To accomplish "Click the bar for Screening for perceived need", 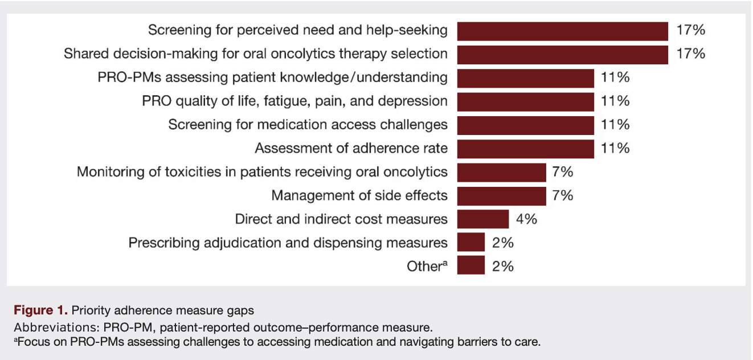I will click(x=562, y=31).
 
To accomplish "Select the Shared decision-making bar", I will click(x=562, y=54).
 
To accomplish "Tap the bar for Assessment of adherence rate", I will click(x=526, y=149).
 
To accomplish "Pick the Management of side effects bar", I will click(x=501, y=196).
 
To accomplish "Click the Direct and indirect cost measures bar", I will click(x=482, y=219).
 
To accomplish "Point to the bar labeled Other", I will click(x=470, y=266).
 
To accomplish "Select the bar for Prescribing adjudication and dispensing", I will click(x=470, y=243).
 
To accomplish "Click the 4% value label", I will click(x=527, y=219).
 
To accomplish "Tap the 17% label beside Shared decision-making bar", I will click(x=690, y=54).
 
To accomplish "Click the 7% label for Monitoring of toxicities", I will click(x=563, y=172).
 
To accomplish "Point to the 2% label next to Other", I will click(x=503, y=266).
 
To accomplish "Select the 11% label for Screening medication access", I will click(x=615, y=125).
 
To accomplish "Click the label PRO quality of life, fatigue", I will click(x=294, y=101).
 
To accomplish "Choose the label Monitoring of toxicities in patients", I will click(x=262, y=172).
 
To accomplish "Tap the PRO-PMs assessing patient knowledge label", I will click(x=272, y=77).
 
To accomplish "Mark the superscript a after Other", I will click(x=444, y=263).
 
